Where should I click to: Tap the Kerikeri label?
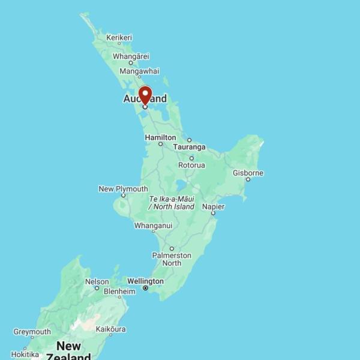click(119, 37)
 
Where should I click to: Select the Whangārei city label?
click(131, 56)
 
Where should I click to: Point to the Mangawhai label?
click(139, 71)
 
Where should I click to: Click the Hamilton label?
click(160, 137)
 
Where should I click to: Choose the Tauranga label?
click(189, 147)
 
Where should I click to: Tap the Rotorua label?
click(191, 165)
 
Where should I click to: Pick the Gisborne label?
click(248, 173)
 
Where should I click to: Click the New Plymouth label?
click(123, 189)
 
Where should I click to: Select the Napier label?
click(213, 206)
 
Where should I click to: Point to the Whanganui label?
click(153, 226)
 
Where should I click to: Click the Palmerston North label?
click(171, 259)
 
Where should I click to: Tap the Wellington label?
click(145, 281)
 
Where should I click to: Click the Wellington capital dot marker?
click(145, 288)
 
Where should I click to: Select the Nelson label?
click(97, 281)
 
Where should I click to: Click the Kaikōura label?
click(111, 329)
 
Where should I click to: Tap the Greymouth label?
click(32, 332)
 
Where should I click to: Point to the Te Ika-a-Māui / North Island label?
click(172, 202)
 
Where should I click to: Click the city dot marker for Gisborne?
click(248, 179)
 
